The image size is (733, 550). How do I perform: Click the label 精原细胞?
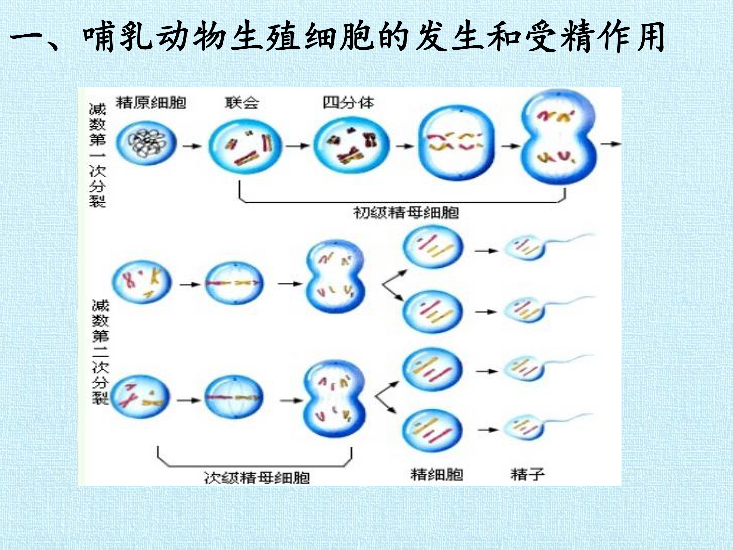(151, 103)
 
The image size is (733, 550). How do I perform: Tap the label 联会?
(242, 103)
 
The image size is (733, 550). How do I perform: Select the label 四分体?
(349, 103)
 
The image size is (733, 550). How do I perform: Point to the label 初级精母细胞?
(406, 213)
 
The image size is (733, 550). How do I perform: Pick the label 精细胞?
(436, 474)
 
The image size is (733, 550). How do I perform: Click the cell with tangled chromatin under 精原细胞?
(146, 143)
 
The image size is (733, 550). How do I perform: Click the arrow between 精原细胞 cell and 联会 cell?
(192, 146)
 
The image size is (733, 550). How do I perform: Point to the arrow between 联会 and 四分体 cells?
(298, 146)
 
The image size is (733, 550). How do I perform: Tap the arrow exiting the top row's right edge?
(611, 144)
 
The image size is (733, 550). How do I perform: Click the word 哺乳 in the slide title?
(118, 36)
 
